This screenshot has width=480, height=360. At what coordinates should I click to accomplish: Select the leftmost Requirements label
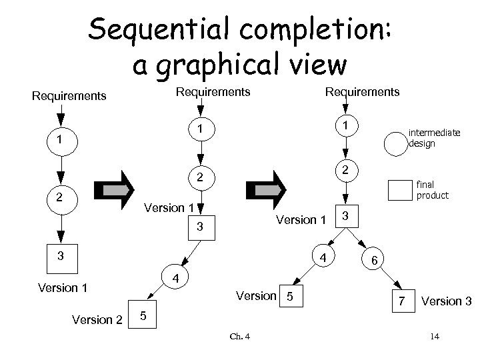[x=69, y=96]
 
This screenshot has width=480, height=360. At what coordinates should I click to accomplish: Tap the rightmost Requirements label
[x=362, y=91]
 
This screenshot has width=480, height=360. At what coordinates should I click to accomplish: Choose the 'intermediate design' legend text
[x=434, y=138]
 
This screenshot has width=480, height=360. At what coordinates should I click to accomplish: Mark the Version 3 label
[x=451, y=301]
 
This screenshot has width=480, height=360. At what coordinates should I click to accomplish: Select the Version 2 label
[x=97, y=319]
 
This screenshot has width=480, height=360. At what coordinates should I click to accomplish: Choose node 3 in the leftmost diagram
[x=61, y=255]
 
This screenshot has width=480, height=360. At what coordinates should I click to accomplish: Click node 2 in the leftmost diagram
[x=61, y=198]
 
